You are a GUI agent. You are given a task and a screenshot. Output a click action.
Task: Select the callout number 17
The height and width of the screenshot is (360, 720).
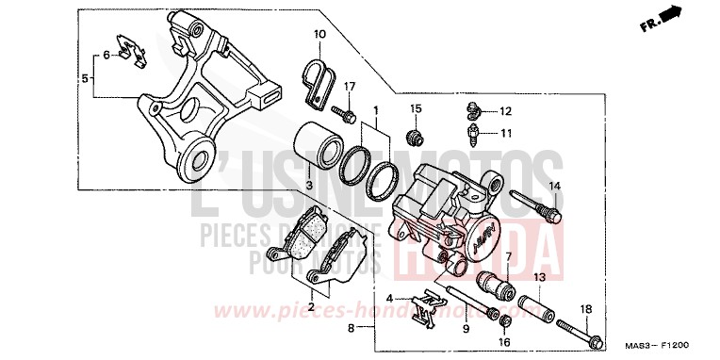[x=350, y=88]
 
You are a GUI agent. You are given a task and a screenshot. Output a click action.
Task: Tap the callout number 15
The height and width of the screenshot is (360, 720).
[x=413, y=109]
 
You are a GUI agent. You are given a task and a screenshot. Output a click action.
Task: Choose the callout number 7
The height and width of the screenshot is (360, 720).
[x=507, y=256]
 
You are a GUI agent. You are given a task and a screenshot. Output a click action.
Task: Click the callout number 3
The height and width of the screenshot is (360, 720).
[x=307, y=187]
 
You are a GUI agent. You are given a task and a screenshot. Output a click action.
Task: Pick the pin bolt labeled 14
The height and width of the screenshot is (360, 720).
[x=534, y=205]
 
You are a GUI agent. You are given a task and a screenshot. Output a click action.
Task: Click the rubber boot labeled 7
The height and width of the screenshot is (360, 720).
[x=497, y=281]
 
